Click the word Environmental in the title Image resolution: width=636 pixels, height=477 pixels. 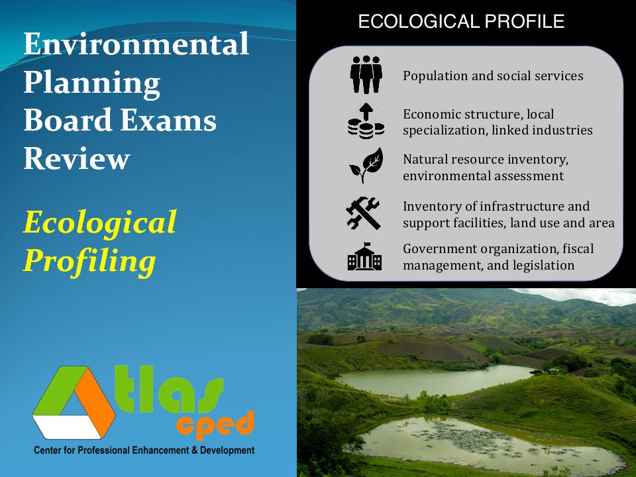(136, 44)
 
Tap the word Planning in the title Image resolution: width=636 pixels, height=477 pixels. (92, 83)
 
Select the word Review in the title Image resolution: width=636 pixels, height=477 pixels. (77, 159)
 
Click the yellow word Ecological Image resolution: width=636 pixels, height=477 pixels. (100, 223)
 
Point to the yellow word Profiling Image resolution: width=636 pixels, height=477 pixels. (89, 261)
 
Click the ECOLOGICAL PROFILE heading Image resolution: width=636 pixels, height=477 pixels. (461, 22)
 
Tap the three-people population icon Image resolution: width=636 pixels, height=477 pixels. (366, 74)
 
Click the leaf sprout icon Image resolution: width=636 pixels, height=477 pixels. (366, 165)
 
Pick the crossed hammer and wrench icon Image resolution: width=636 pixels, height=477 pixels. (364, 213)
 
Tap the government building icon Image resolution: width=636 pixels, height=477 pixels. (365, 256)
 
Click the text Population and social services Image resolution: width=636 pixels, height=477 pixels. (493, 76)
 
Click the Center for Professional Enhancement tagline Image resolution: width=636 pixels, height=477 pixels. (144, 450)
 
